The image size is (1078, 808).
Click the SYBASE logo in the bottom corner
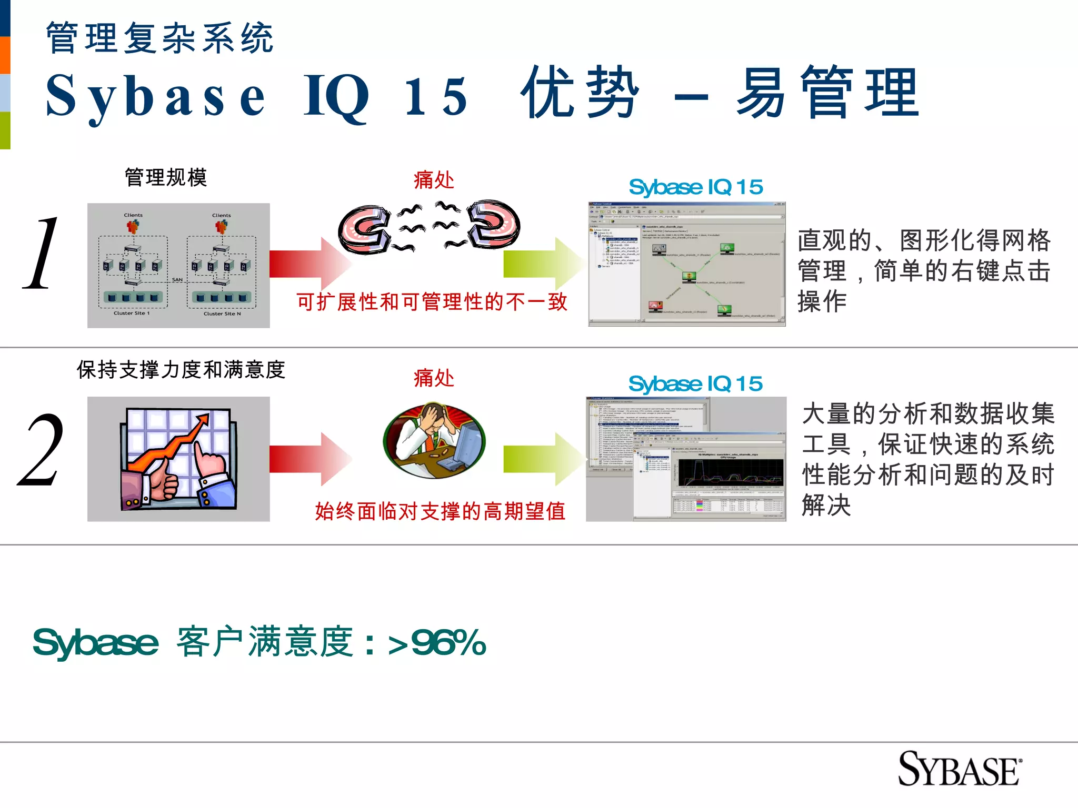coord(959,769)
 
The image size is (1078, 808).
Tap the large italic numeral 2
coord(41,450)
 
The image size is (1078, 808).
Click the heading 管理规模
coord(166,177)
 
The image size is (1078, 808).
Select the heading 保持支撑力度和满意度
coord(181,370)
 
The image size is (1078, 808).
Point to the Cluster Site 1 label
coord(132,313)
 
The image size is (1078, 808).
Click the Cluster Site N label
coord(222,314)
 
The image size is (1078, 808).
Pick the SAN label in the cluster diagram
coord(177,279)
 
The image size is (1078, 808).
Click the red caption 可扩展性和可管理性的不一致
coord(432,302)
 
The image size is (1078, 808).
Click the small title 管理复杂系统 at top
coord(159,38)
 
